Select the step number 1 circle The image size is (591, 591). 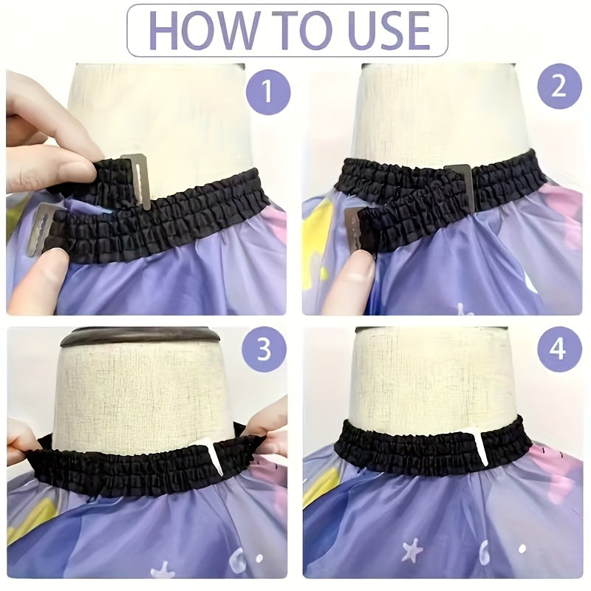(268, 90)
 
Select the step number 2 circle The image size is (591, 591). (559, 86)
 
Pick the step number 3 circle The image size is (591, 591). (264, 349)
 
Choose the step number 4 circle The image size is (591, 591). (559, 349)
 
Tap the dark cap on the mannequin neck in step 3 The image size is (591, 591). (140, 337)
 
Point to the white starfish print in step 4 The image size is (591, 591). (413, 550)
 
